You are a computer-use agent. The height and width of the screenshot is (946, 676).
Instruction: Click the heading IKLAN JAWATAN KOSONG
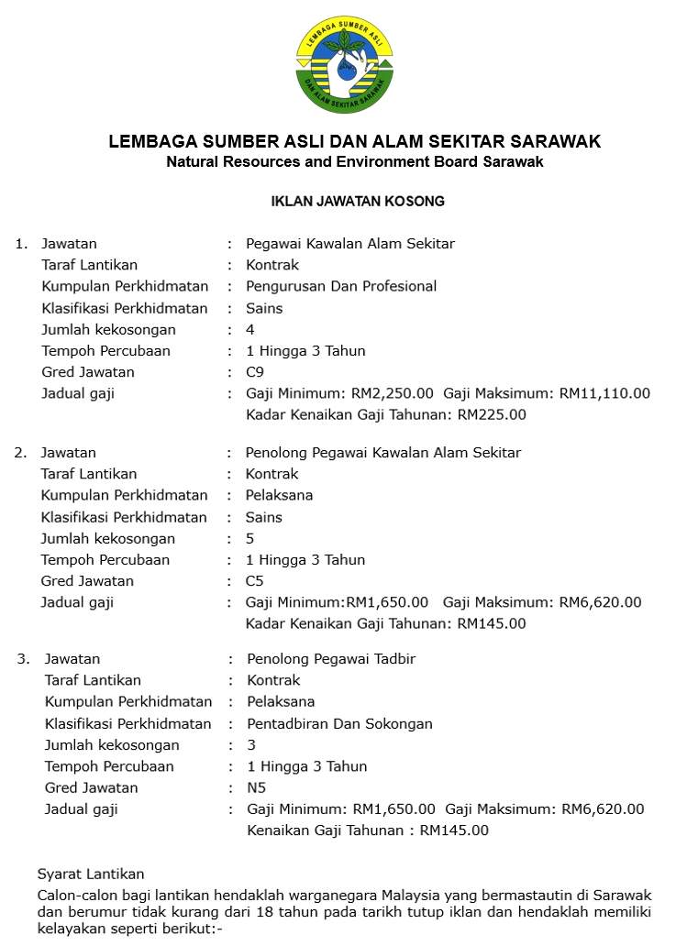(x=358, y=201)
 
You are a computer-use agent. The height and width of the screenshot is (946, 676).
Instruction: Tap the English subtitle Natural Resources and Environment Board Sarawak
(x=355, y=162)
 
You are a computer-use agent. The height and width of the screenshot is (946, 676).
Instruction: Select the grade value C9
(x=255, y=372)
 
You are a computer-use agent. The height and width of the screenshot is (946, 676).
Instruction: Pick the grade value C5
(x=254, y=581)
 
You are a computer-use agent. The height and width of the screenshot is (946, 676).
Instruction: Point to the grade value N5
(x=257, y=787)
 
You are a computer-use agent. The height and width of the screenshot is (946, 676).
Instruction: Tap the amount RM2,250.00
(x=393, y=393)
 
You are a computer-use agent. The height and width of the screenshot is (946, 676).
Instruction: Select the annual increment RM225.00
(x=492, y=414)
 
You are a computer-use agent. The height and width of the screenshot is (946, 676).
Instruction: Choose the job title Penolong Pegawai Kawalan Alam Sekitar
(x=382, y=453)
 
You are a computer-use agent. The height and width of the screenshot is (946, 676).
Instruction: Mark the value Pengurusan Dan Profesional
(x=341, y=286)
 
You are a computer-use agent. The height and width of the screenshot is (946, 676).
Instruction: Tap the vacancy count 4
(x=250, y=329)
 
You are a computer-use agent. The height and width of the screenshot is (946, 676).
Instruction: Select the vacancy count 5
(x=249, y=538)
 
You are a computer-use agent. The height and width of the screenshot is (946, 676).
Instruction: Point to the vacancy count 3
(x=251, y=745)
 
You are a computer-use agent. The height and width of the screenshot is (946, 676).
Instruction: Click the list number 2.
(x=19, y=453)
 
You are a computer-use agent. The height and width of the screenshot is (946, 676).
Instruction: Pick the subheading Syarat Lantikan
(x=90, y=874)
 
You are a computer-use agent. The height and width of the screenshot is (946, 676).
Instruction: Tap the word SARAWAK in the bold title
(x=556, y=142)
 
